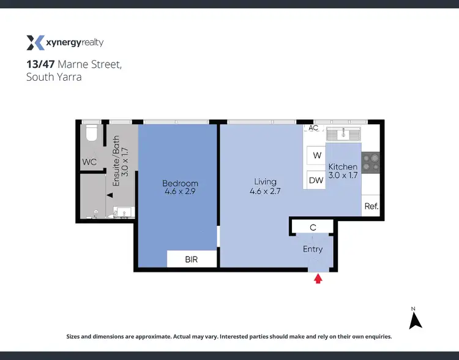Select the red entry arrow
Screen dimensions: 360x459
pyautogui.click(x=318, y=279)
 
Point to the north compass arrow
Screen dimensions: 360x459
pyautogui.click(x=416, y=320)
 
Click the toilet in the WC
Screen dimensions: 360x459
pyautogui.click(x=91, y=133)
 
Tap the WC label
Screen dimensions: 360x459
pyautogui.click(x=90, y=162)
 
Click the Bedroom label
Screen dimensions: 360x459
pyautogui.click(x=180, y=183)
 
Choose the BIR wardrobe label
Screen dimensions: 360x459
pyautogui.click(x=192, y=260)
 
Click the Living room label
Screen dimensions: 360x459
pyautogui.click(x=266, y=181)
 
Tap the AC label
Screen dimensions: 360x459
pyautogui.click(x=313, y=128)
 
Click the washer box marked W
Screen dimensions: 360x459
pyautogui.click(x=317, y=156)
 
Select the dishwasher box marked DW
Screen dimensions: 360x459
pyautogui.click(x=316, y=180)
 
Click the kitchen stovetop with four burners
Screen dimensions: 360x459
pyautogui.click(x=370, y=162)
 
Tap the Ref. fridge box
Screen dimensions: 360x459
pyautogui.click(x=371, y=206)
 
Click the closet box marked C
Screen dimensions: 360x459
pyautogui.click(x=313, y=227)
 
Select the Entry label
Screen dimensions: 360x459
pyautogui.click(x=313, y=249)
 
